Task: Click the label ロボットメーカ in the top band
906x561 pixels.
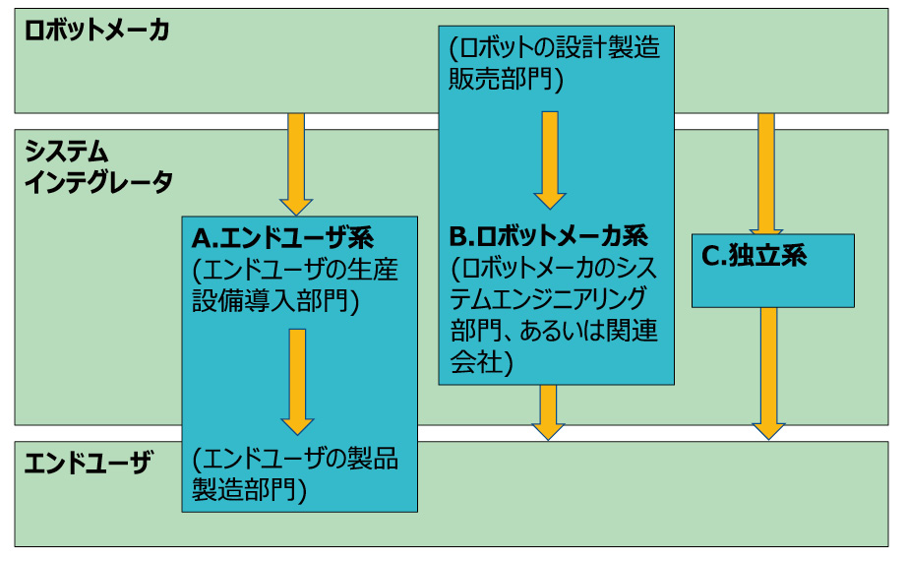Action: [96, 30]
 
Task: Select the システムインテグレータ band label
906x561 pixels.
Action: [97, 166]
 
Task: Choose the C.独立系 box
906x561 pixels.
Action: [772, 271]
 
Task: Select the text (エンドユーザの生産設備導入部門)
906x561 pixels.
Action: [295, 284]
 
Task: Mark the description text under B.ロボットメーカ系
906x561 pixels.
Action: [554, 314]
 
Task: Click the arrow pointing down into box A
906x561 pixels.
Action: [296, 163]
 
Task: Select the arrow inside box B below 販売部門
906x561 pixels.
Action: [549, 158]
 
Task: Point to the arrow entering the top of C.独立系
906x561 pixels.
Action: [767, 172]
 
